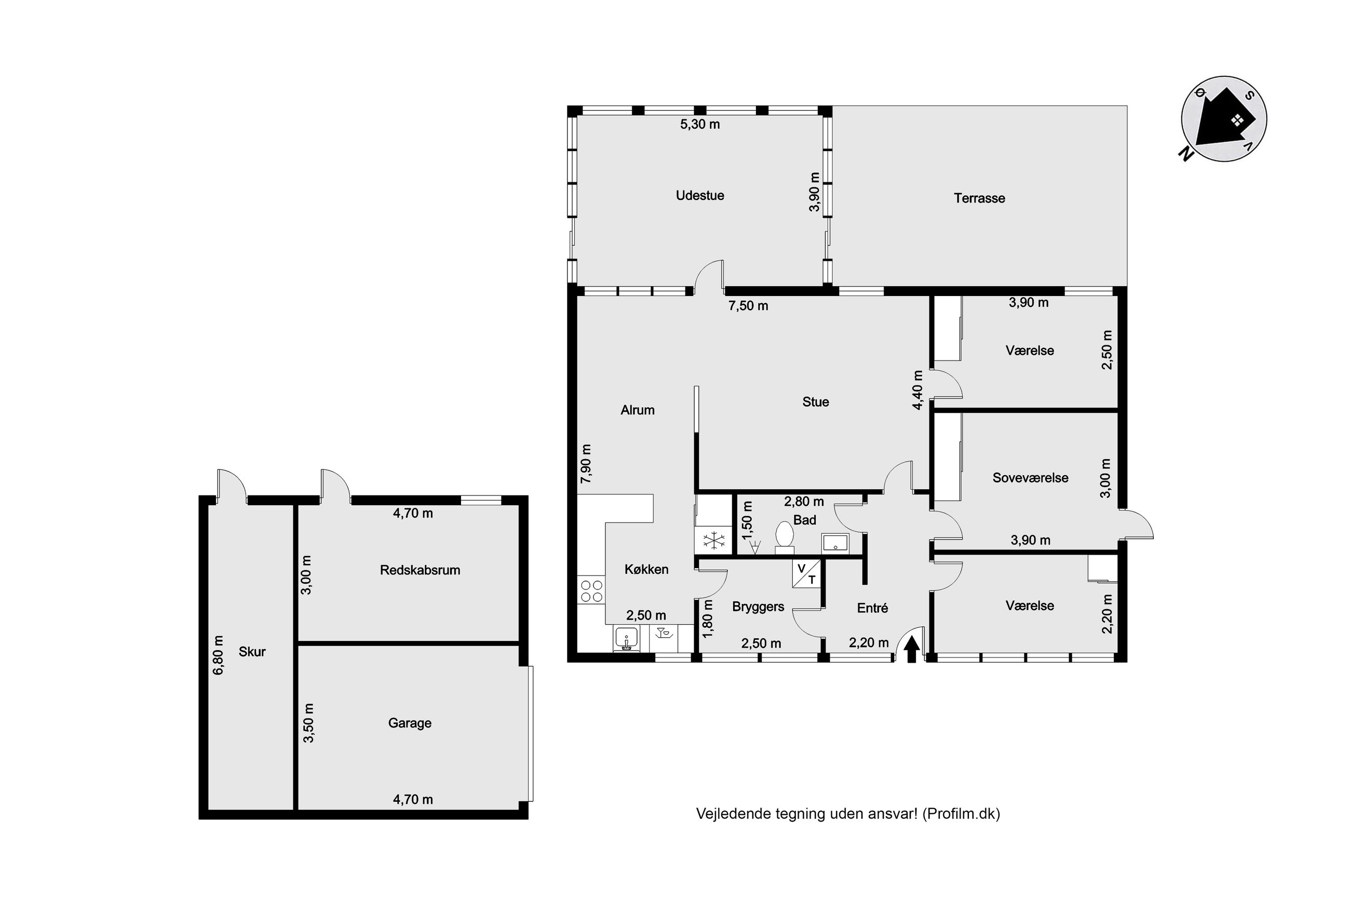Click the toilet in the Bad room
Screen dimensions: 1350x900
[x=784, y=537]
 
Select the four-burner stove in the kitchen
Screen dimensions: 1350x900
[x=591, y=590]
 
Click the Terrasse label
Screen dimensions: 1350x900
[x=979, y=198]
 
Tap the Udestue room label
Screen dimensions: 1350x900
[x=699, y=195]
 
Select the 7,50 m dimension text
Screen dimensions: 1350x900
[x=748, y=305]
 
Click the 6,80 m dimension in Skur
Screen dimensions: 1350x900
[x=218, y=655]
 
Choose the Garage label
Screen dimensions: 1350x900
[x=409, y=722]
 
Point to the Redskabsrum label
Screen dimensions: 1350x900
[x=420, y=570]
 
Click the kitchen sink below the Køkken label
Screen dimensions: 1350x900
[x=627, y=638]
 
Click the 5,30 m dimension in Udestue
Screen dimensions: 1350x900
[x=699, y=124]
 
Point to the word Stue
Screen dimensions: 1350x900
[x=815, y=402]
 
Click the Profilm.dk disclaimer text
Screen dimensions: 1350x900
[x=848, y=813]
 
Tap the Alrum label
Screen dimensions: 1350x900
[x=638, y=410]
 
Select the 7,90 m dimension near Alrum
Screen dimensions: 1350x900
[x=586, y=464]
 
